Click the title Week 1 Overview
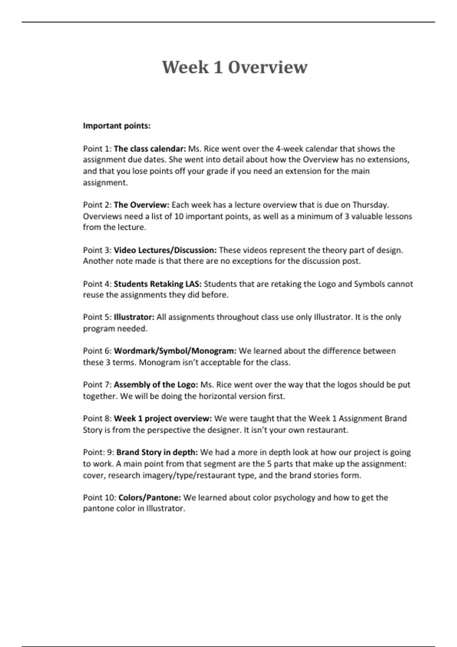click(235, 67)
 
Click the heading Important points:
click(117, 126)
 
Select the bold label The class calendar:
click(150, 149)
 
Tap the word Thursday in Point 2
click(370, 205)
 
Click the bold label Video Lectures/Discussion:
click(165, 250)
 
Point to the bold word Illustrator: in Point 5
click(134, 317)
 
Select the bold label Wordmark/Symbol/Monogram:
click(175, 351)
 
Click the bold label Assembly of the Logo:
click(155, 385)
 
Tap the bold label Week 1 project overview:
click(163, 419)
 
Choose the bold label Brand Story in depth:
click(157, 453)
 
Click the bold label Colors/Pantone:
click(150, 498)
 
